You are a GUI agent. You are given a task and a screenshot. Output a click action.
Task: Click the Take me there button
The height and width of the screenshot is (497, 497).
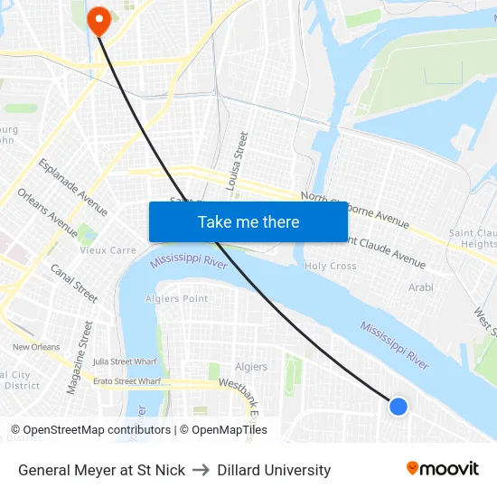click(x=248, y=221)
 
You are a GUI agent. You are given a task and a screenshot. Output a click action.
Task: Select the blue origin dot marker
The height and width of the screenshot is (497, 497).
click(x=399, y=407)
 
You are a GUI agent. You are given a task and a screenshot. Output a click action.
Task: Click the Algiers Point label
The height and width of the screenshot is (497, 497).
click(x=177, y=298)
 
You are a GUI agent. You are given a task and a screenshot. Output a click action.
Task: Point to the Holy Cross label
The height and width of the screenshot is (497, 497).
click(x=331, y=266)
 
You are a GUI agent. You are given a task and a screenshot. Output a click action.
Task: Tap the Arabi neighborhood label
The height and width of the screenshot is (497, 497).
click(x=420, y=287)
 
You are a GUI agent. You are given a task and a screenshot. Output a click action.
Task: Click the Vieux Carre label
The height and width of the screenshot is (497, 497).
click(x=108, y=250)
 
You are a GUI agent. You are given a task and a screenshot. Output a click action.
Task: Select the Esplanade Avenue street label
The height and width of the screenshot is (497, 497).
click(x=73, y=187)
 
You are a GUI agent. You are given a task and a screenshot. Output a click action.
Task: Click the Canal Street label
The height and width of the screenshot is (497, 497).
click(x=74, y=283)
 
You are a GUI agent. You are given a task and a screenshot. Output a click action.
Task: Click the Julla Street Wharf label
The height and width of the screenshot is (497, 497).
click(x=125, y=361)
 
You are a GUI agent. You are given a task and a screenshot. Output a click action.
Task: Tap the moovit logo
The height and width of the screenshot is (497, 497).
click(x=442, y=468)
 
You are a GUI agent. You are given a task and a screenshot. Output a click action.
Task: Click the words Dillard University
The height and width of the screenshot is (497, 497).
click(x=274, y=470)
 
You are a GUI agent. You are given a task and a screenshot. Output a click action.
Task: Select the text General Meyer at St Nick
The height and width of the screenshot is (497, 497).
click(x=101, y=470)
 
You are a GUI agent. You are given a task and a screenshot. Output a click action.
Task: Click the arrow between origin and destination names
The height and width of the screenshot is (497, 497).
click(x=202, y=470)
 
